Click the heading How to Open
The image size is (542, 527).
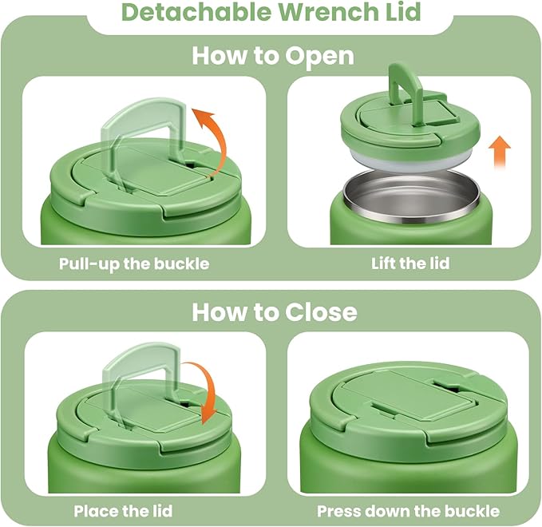pyautogui.click(x=273, y=57)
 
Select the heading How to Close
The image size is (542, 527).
pyautogui.click(x=273, y=311)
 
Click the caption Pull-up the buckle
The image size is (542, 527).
pyautogui.click(x=134, y=263)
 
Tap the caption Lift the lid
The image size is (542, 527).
pyautogui.click(x=410, y=263)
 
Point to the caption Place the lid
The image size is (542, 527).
pyautogui.click(x=123, y=511)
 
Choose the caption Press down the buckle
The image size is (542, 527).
pyautogui.click(x=408, y=511)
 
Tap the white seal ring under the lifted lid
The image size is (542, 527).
pyautogui.click(x=407, y=160)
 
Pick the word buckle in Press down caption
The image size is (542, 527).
pyautogui.click(x=472, y=511)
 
